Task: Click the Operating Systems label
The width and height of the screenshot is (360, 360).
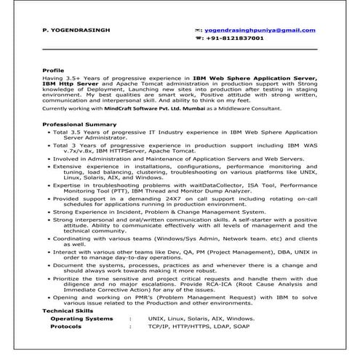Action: click(81, 319)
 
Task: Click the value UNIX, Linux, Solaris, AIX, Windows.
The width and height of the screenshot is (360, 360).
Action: click(201, 319)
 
